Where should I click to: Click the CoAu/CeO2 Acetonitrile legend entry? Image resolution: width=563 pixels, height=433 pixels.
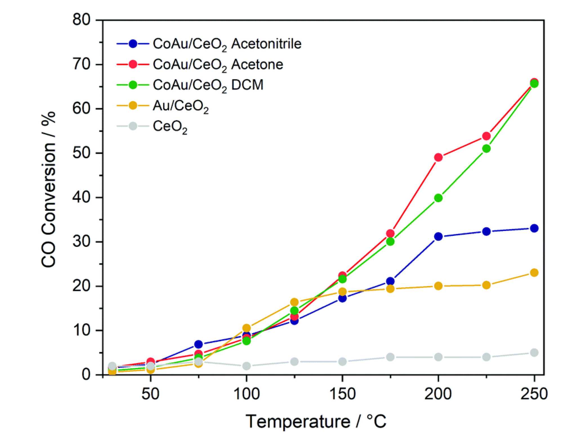[227, 44]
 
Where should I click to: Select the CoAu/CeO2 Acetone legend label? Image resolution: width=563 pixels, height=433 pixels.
[218, 65]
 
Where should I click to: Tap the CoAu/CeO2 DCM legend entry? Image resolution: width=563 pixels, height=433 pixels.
[208, 85]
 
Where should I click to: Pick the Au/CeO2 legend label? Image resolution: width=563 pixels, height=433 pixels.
[180, 106]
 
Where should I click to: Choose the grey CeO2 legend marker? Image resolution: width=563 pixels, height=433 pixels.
[133, 126]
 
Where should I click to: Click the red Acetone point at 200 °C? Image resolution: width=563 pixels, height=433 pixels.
[438, 157]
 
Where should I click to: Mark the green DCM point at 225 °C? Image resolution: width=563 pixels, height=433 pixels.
[486, 149]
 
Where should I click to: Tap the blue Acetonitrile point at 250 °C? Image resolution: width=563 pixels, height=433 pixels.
[534, 228]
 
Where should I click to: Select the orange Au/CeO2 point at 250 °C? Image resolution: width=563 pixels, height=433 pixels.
[534, 273]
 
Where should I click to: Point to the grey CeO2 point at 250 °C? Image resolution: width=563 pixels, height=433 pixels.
[534, 353]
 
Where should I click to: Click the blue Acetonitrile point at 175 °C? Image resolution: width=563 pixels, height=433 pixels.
[390, 281]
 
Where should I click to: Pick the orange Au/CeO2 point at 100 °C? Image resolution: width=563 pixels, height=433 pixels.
[246, 328]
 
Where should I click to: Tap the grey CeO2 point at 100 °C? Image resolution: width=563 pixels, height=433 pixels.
[246, 366]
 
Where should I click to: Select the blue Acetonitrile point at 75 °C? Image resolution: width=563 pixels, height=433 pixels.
[198, 344]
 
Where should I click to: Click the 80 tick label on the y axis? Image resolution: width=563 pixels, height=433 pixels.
[81, 20]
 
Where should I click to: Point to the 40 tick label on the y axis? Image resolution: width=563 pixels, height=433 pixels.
[81, 198]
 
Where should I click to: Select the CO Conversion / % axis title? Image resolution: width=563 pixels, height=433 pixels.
[48, 190]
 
